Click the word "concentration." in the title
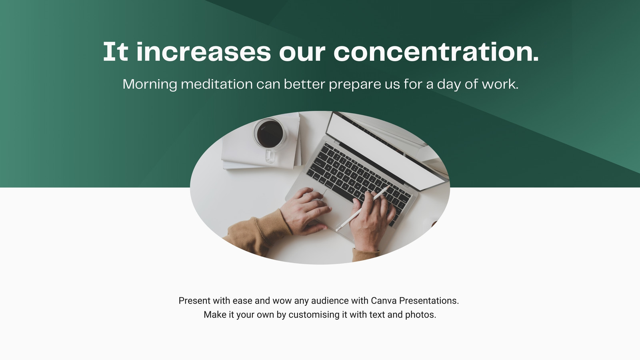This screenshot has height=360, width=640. click(436, 52)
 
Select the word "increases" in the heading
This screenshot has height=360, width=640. click(204, 52)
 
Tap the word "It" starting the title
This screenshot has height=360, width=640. click(116, 52)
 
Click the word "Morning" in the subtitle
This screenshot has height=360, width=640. click(150, 84)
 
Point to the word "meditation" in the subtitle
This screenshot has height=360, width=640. click(217, 84)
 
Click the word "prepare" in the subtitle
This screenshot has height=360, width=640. click(355, 85)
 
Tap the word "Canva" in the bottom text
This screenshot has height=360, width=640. click(384, 300)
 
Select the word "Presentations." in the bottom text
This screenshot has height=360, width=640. click(429, 300)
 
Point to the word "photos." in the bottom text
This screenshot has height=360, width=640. click(420, 314)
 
